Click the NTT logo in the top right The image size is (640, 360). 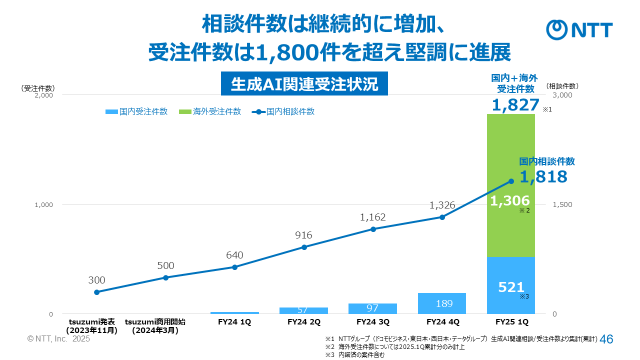point(579,30)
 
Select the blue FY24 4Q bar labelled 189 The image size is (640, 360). point(442,303)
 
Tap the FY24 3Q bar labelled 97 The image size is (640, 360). point(372,308)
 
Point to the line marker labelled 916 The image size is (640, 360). point(304,247)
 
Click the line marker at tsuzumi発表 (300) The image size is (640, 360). point(97,292)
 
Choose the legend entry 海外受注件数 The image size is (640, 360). point(210,111)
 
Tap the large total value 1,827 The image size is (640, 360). point(515,105)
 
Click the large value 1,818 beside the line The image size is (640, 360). point(543,176)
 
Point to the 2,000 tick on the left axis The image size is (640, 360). point(43,94)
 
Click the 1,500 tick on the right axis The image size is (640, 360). point(562,204)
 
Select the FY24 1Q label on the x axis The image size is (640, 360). point(234,322)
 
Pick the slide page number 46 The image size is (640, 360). point(606,339)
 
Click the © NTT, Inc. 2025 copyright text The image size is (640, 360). point(58,339)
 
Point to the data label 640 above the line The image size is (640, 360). point(234,255)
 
